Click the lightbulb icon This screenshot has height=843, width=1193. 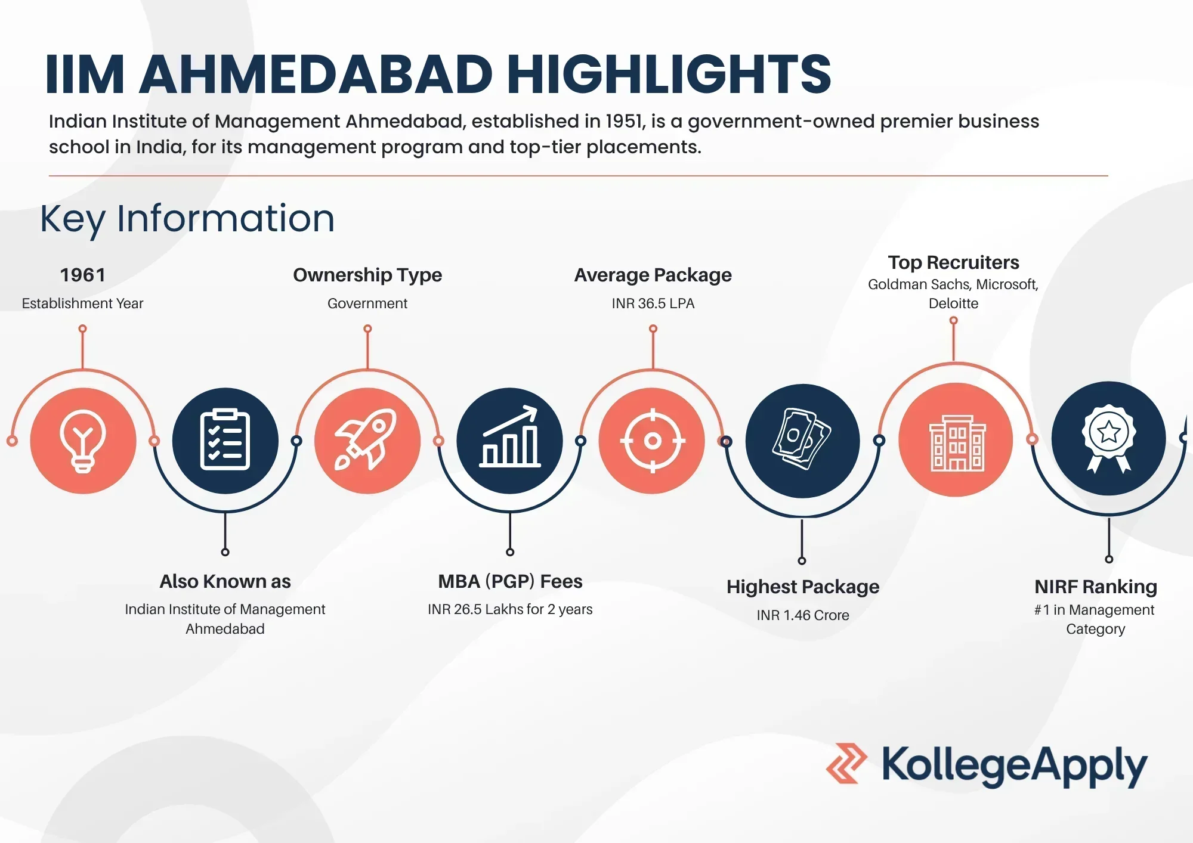tap(83, 441)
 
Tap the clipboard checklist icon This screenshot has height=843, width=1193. tap(225, 440)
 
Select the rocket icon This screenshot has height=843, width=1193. tap(366, 440)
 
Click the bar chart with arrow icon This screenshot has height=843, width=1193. tap(510, 437)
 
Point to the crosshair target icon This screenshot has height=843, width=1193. tap(653, 441)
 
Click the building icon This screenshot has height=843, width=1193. tap(957, 443)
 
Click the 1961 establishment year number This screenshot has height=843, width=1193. tap(83, 275)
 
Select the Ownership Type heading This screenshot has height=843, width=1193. tap(367, 275)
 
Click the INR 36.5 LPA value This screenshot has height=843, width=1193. tap(653, 303)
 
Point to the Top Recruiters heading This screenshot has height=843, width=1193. tap(953, 262)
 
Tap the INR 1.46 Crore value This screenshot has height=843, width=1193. tap(803, 615)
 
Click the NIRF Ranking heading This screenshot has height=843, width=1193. tap(1096, 587)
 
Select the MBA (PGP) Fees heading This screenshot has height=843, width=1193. tap(510, 581)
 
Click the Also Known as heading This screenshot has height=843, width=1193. tap(225, 581)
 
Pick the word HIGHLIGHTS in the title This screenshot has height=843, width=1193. tap(669, 74)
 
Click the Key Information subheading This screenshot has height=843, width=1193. tap(187, 219)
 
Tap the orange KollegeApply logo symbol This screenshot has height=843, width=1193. tap(846, 763)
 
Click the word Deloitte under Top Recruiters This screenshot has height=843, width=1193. tap(953, 303)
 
